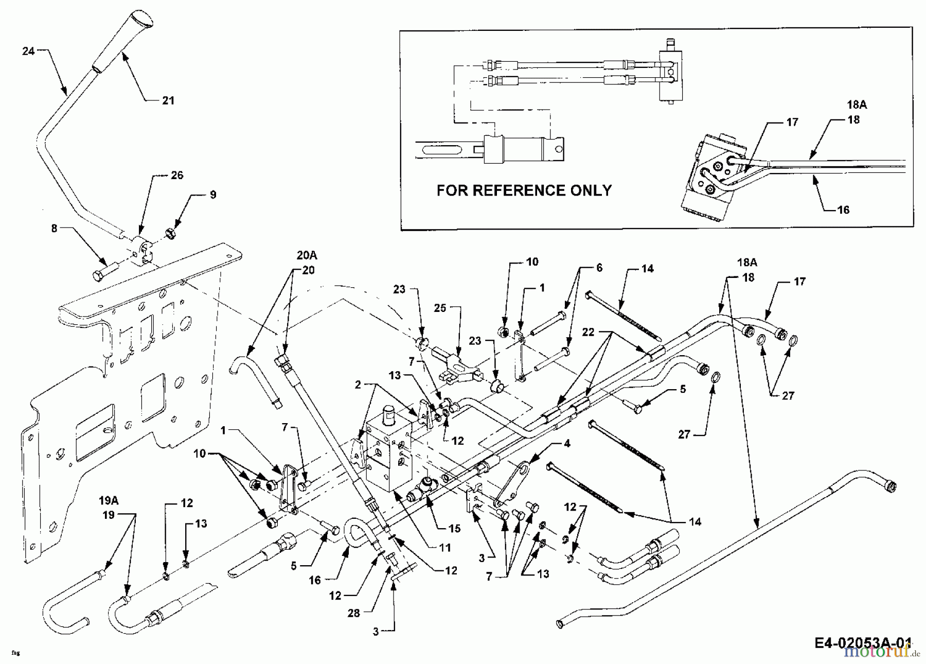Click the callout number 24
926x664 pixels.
(x=28, y=51)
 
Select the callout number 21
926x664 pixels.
(x=168, y=101)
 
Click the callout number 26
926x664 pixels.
(x=177, y=175)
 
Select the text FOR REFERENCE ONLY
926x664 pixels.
(x=524, y=190)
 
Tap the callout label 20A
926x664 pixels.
(x=307, y=255)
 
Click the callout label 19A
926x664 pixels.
(x=109, y=500)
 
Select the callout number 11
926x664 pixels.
(x=445, y=548)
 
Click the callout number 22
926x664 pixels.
(x=587, y=332)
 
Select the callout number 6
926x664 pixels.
(x=599, y=268)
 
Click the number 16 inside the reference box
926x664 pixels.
(x=843, y=210)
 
